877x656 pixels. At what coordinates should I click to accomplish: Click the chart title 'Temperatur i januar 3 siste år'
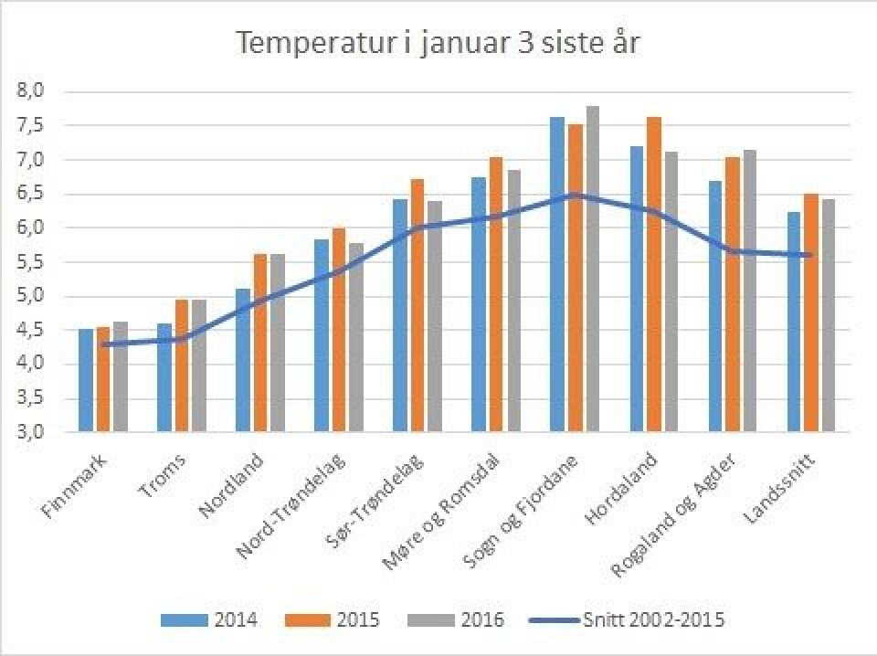pyautogui.click(x=438, y=43)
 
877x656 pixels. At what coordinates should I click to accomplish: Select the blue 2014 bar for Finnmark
pyautogui.click(x=86, y=379)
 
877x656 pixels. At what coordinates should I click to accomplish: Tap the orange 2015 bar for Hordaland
pyautogui.click(x=654, y=274)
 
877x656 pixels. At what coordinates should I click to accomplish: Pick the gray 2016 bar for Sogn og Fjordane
pyautogui.click(x=592, y=269)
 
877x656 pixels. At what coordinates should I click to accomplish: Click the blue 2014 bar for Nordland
pyautogui.click(x=243, y=360)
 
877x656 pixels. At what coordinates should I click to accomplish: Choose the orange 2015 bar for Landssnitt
pyautogui.click(x=811, y=312)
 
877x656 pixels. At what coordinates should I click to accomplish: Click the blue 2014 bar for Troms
pyautogui.click(x=164, y=377)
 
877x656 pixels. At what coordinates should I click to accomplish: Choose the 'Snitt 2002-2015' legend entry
pyautogui.click(x=630, y=620)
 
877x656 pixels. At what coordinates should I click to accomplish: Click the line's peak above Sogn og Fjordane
pyautogui.click(x=575, y=195)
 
